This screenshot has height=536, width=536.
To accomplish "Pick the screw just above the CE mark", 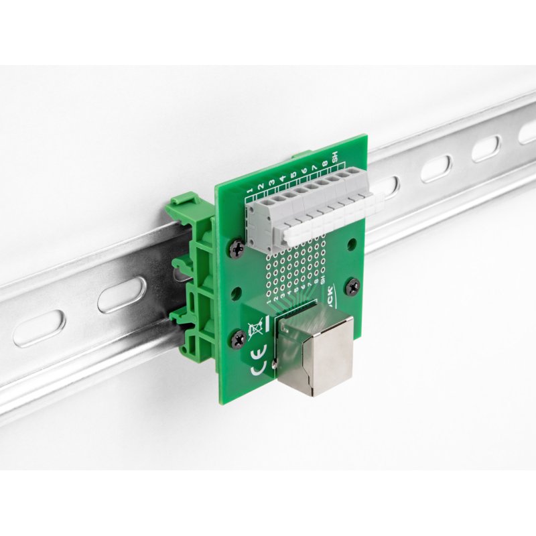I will pyautogui.click(x=238, y=340).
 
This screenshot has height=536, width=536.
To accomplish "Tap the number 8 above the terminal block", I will pyautogui.click(x=324, y=165).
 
